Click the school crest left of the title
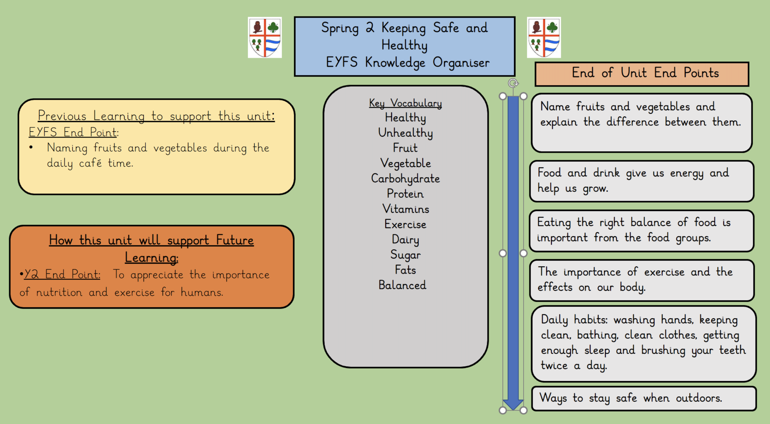click(x=265, y=37)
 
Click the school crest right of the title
click(x=544, y=37)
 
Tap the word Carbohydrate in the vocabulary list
click(x=405, y=179)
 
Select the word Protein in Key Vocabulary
click(x=405, y=194)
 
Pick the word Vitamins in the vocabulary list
click(x=405, y=209)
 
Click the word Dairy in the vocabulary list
click(x=405, y=239)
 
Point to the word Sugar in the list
click(x=405, y=255)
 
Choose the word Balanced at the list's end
click(x=402, y=285)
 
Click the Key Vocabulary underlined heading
click(x=405, y=103)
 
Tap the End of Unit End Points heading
click(x=645, y=73)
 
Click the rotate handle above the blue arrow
click(x=513, y=83)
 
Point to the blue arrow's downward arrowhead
click(x=513, y=404)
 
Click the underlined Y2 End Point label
click(x=62, y=274)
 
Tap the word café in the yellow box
click(x=90, y=163)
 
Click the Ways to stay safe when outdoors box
click(x=644, y=398)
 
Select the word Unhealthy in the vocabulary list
click(x=405, y=133)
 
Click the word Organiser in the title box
click(x=461, y=63)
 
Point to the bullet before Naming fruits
click(x=31, y=148)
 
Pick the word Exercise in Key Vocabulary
click(x=405, y=224)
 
